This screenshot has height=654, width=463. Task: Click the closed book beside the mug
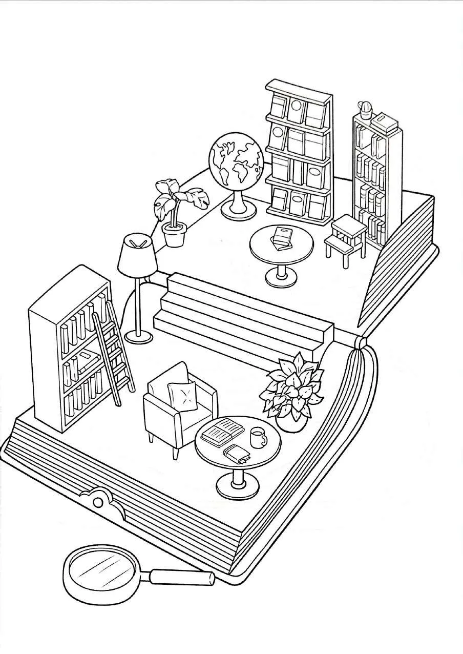(x=237, y=454)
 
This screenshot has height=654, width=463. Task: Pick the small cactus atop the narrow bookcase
(x=365, y=108)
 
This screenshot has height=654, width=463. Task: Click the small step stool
(x=346, y=238)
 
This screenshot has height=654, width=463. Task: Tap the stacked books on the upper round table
(x=282, y=237)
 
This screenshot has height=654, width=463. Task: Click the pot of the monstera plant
(x=174, y=235)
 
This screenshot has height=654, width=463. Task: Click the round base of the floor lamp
(x=138, y=336)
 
